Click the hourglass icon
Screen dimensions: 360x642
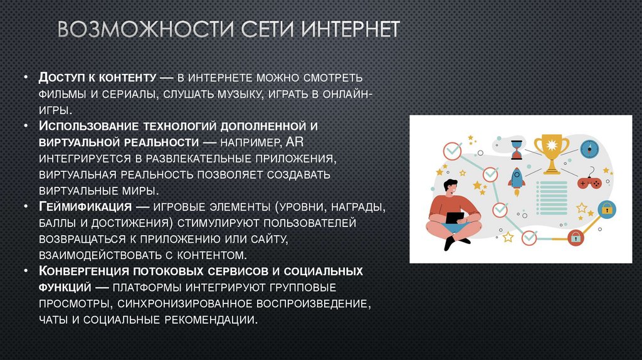[x=516, y=149]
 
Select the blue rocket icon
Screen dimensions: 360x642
[x=517, y=178]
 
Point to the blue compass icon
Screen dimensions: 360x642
[x=588, y=149]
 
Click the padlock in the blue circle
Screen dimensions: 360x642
[x=606, y=208]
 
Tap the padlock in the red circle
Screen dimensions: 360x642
[x=574, y=238]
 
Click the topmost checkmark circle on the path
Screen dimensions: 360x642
[x=451, y=151]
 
